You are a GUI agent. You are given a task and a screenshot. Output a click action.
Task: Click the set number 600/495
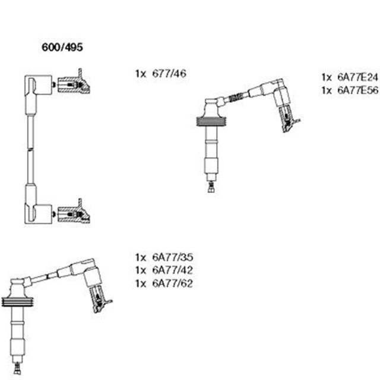tap(62, 47)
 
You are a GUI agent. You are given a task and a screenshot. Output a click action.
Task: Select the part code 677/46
tap(169, 74)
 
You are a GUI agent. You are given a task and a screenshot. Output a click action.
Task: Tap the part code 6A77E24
tap(357, 77)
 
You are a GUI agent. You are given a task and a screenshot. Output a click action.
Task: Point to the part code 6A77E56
tap(357, 90)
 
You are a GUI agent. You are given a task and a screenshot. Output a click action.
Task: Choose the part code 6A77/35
tap(173, 257)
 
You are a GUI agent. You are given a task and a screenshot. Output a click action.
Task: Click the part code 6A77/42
tap(173, 270)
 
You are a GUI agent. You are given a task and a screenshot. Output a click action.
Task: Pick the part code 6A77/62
tap(173, 283)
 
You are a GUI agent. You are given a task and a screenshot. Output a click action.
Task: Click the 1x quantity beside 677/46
tap(141, 74)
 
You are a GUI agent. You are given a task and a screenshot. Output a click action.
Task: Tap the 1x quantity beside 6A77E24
tap(327, 78)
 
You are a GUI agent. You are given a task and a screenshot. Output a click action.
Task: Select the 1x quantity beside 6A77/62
tap(141, 284)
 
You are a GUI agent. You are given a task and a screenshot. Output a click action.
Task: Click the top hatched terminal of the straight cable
tap(74, 82)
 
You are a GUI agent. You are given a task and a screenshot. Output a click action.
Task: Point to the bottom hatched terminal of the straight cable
tap(74, 212)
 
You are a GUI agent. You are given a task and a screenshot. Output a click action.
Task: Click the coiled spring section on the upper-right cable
tap(236, 97)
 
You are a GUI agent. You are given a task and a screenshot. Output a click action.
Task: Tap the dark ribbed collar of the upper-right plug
tap(211, 121)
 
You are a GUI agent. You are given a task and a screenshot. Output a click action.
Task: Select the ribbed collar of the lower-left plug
tap(17, 302)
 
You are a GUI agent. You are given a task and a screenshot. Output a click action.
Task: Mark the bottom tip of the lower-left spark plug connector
tap(17, 373)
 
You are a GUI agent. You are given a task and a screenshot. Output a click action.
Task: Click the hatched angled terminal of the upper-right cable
tap(289, 119)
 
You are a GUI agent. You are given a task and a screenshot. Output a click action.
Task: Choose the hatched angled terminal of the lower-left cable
tap(100, 299)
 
